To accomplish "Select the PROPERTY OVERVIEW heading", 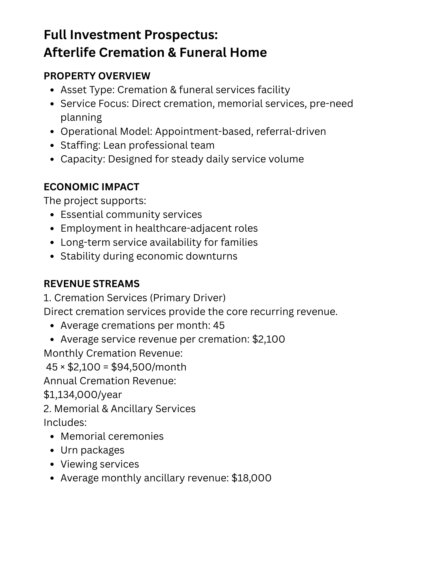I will pyautogui.click(x=97, y=76).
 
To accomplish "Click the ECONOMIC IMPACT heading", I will pyautogui.click(x=92, y=187).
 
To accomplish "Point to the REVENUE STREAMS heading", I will pyautogui.click(x=92, y=283).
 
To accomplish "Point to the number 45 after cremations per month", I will pyautogui.click(x=219, y=325).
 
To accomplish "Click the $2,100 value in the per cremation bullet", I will pyautogui.click(x=269, y=339).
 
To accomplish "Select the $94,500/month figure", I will pyautogui.click(x=149, y=367).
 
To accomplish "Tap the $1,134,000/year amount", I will pyautogui.click(x=83, y=395).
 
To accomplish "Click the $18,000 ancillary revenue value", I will pyautogui.click(x=251, y=478).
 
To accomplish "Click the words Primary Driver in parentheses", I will pyautogui.click(x=188, y=298).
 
